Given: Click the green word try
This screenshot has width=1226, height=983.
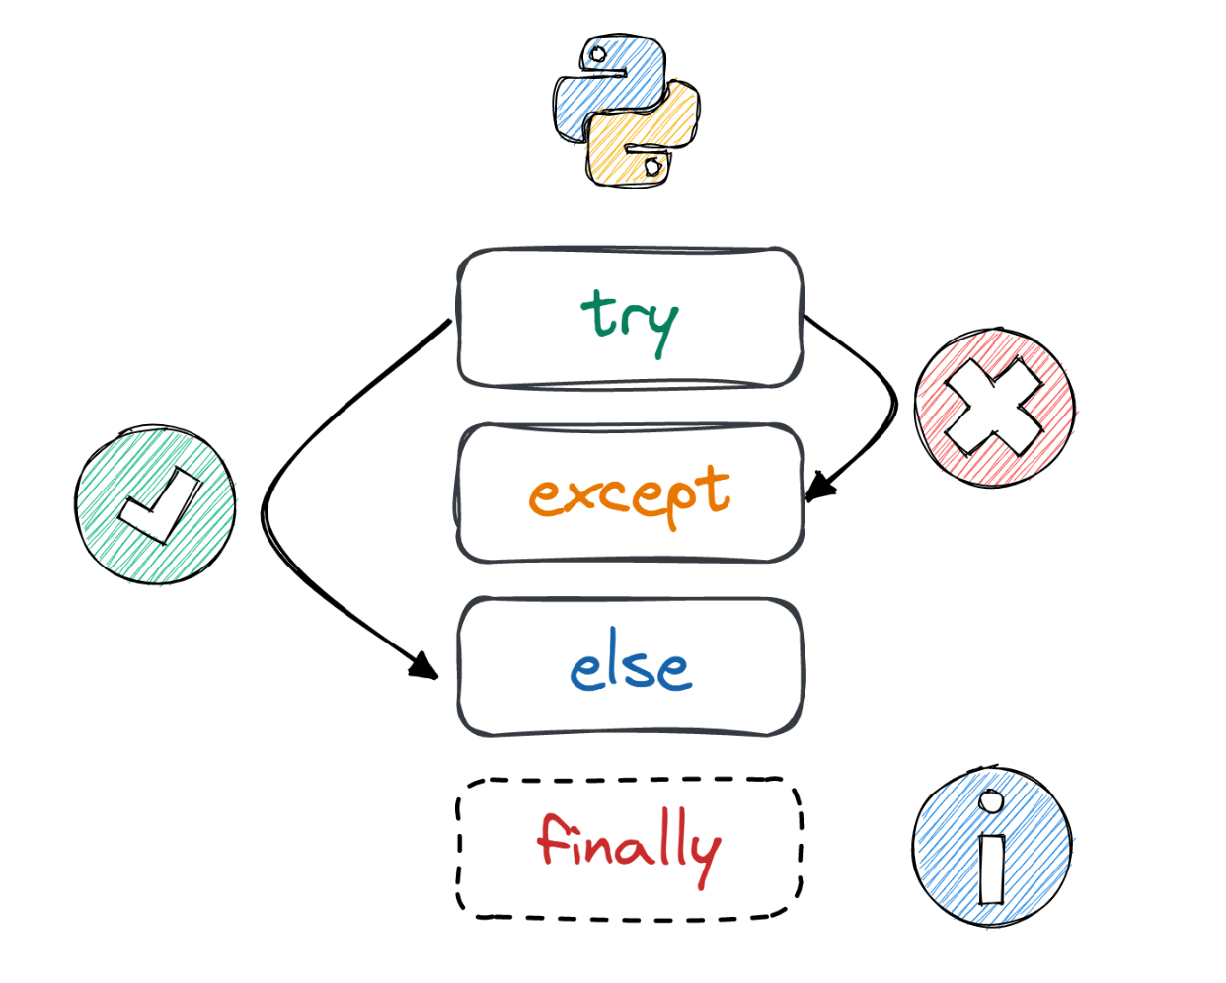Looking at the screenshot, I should (x=630, y=318).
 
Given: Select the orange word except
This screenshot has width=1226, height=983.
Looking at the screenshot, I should (x=630, y=493).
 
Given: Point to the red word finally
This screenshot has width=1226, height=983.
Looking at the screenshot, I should (x=629, y=846).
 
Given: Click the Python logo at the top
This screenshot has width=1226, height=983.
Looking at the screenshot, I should (x=627, y=111).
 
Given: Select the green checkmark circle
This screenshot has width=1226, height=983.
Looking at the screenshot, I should (x=156, y=505).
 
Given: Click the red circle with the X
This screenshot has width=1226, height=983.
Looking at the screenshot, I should (x=994, y=408).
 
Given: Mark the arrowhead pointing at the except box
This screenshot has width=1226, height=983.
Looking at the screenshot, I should (x=818, y=487).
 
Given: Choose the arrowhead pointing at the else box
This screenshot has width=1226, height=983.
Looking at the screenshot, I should (x=424, y=666).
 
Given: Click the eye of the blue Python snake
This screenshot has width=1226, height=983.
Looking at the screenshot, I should (x=597, y=55).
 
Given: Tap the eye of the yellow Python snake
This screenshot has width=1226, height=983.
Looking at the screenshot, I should (x=653, y=167).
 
